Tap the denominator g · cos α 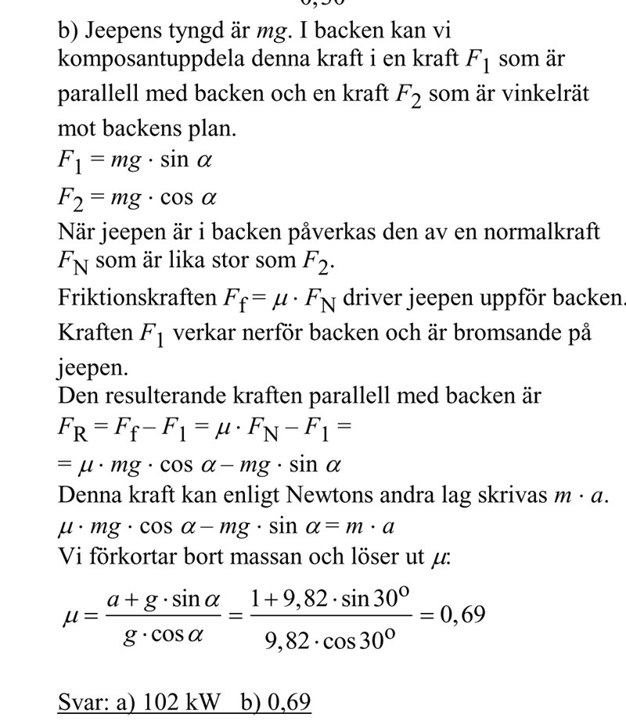pos(163,635)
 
